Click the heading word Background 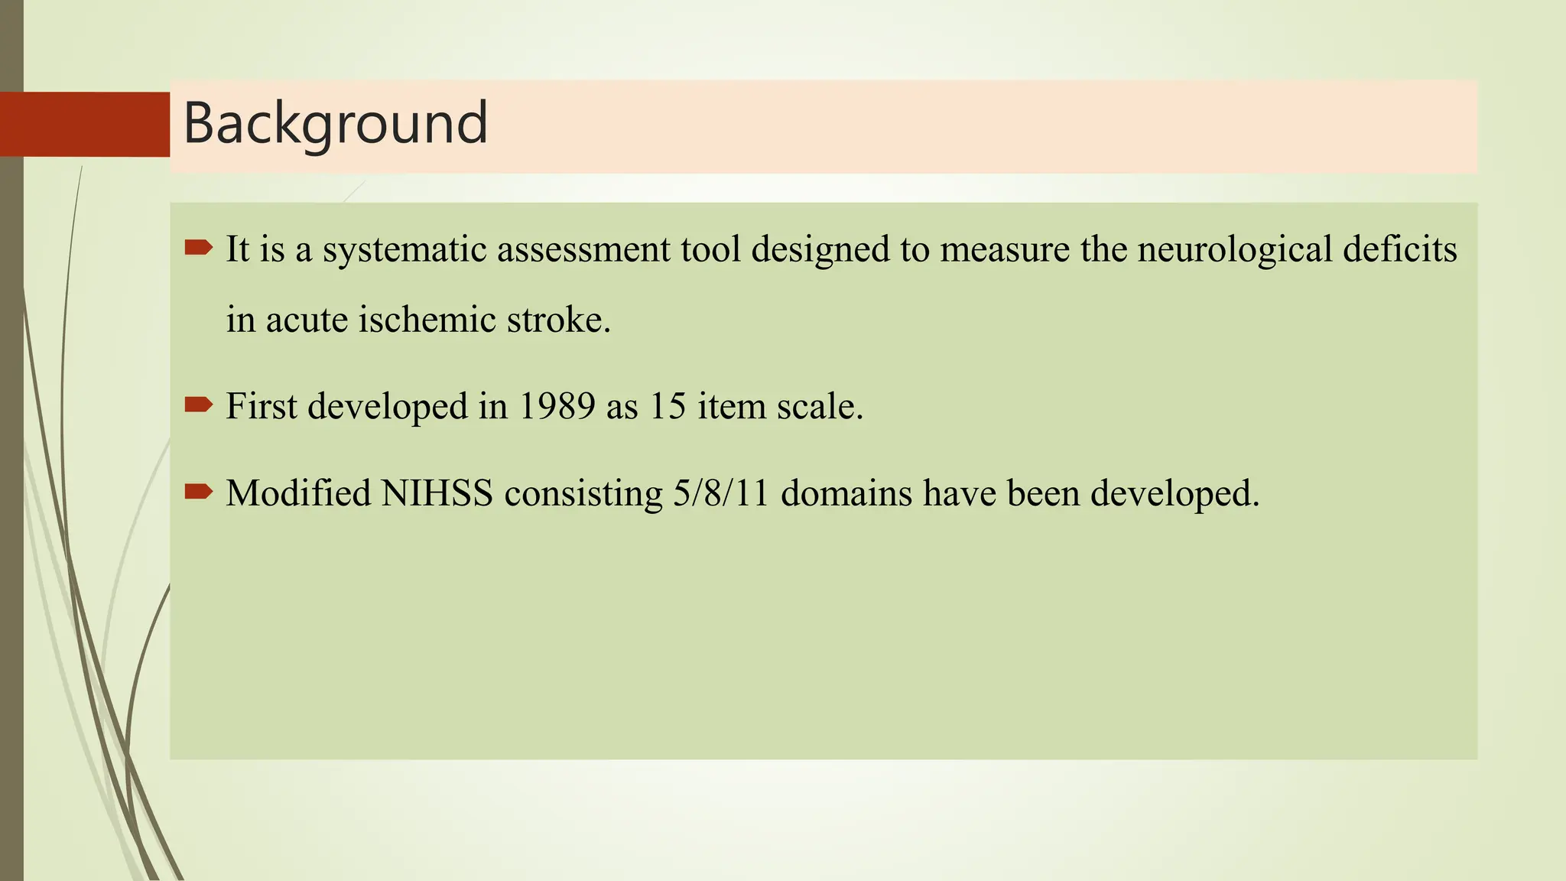[x=335, y=124]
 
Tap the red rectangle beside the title [x=85, y=124]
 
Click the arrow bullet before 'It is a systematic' [x=199, y=247]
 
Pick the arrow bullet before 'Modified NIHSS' [x=199, y=491]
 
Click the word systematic [x=404, y=250]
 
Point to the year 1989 [x=557, y=406]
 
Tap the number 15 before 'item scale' [x=668, y=406]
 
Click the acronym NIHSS [x=437, y=493]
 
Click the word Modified [x=298, y=493]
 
